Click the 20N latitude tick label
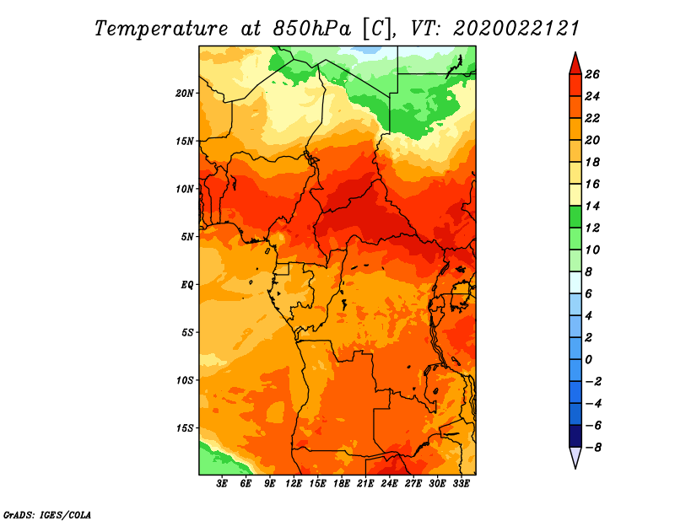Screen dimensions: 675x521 click(x=185, y=94)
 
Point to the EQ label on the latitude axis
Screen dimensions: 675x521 click(x=187, y=285)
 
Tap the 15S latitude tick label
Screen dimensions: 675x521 click(x=185, y=428)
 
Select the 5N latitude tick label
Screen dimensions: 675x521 click(x=187, y=237)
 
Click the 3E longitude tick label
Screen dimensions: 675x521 click(x=222, y=484)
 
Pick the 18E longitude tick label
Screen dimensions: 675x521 click(x=342, y=484)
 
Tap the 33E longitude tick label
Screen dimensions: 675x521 click(x=461, y=484)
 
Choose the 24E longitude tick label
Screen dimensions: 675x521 click(x=389, y=484)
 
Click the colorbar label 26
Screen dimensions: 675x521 click(x=592, y=74)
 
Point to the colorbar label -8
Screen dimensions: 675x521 click(x=593, y=448)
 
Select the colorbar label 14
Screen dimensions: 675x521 click(x=592, y=206)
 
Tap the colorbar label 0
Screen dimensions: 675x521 click(x=588, y=360)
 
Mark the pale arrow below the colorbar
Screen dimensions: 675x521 click(x=575, y=457)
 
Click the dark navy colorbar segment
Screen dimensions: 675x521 click(x=575, y=436)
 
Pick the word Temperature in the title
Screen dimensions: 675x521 click(x=161, y=29)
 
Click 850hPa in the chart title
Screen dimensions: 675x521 click(x=311, y=29)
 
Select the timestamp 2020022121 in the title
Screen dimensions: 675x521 click(x=516, y=29)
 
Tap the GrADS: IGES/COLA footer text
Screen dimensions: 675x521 click(x=47, y=515)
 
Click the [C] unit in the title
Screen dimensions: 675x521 click(x=377, y=30)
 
